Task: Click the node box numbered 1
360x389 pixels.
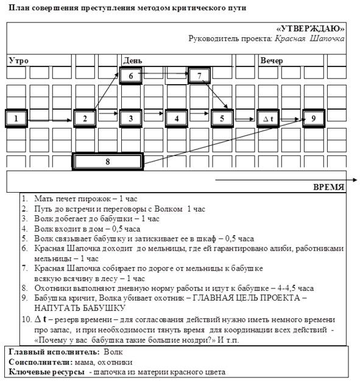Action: (16, 118)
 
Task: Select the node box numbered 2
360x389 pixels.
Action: (85, 118)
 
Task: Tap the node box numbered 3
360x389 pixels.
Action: (131, 118)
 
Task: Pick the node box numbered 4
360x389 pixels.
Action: (176, 118)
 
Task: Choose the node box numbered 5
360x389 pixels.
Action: (222, 118)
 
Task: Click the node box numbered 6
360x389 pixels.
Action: (131, 76)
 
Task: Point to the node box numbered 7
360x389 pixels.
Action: (199, 76)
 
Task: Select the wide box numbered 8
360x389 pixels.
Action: (108, 161)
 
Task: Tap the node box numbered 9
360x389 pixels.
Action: (314, 118)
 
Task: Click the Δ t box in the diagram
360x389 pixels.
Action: (268, 118)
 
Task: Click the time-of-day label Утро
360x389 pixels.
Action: (19, 60)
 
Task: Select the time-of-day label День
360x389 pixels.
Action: (133, 60)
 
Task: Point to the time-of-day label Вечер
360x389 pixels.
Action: (272, 60)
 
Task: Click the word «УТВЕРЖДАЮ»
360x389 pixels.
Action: (311, 29)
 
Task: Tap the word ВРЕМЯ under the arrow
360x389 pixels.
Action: (329, 187)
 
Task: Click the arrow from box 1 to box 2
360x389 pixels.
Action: (50, 120)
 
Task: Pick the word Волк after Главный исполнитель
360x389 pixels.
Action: (113, 352)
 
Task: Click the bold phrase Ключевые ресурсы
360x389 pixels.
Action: (47, 372)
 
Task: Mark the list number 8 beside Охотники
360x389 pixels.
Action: (24, 288)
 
